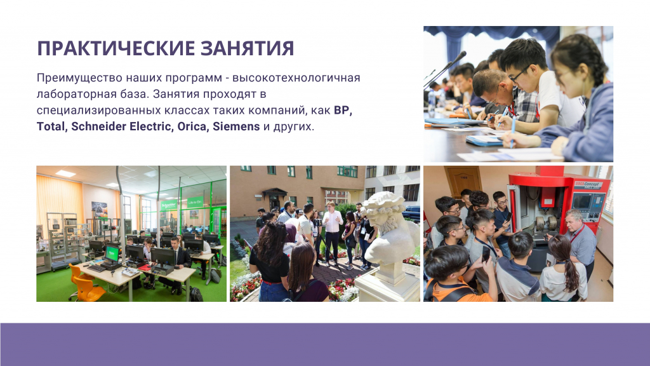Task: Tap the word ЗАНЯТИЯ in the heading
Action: tap(248, 48)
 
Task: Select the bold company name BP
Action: tap(343, 111)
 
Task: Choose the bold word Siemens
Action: tap(236, 126)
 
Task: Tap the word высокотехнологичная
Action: tap(296, 78)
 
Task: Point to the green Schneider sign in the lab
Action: tap(168, 205)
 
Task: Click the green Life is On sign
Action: tap(195, 202)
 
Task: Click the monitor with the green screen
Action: tap(112, 254)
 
